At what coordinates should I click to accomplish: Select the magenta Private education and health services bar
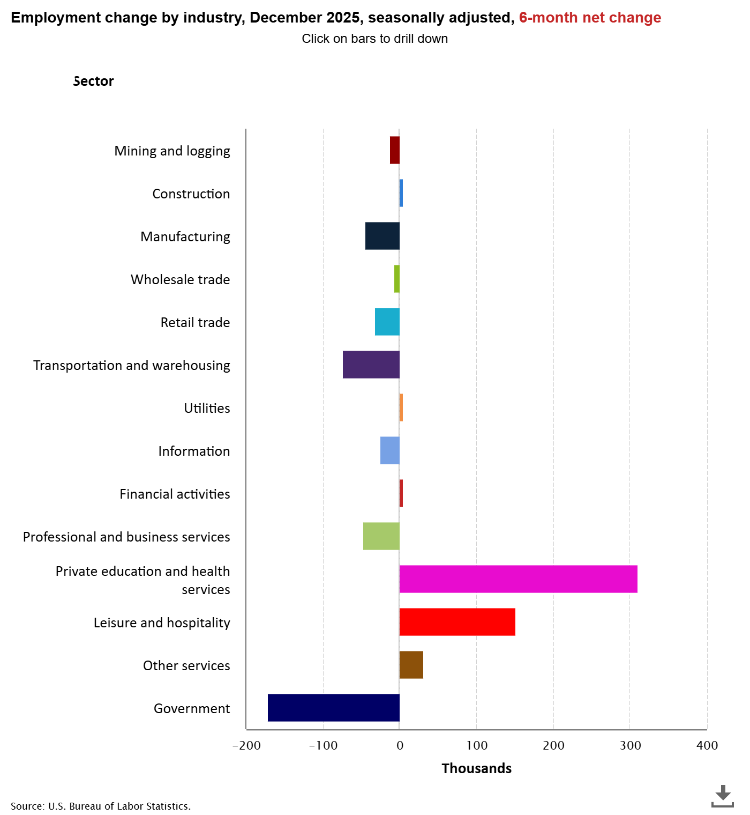click(x=518, y=579)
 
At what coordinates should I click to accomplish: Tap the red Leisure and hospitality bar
click(x=457, y=621)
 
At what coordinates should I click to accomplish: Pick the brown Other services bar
click(x=411, y=665)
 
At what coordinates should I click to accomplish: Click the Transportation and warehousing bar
click(x=371, y=365)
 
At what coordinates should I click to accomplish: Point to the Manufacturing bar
click(x=382, y=235)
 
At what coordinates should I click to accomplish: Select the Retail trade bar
click(x=387, y=322)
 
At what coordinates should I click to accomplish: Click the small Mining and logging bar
click(x=395, y=150)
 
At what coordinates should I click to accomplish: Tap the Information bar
click(x=390, y=450)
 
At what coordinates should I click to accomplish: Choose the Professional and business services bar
click(x=381, y=536)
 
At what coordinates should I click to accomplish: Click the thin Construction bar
click(x=401, y=193)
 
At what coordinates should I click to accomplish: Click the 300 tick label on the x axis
click(x=630, y=745)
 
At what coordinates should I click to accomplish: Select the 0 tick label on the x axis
click(x=400, y=745)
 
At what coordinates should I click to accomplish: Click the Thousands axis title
click(x=477, y=768)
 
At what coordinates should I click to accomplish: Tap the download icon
click(x=722, y=796)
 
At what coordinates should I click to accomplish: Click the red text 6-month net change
click(x=590, y=18)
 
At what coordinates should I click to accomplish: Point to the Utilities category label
click(x=207, y=408)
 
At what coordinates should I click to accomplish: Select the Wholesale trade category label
click(x=181, y=279)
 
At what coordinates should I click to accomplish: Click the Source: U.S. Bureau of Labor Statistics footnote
click(x=101, y=806)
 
